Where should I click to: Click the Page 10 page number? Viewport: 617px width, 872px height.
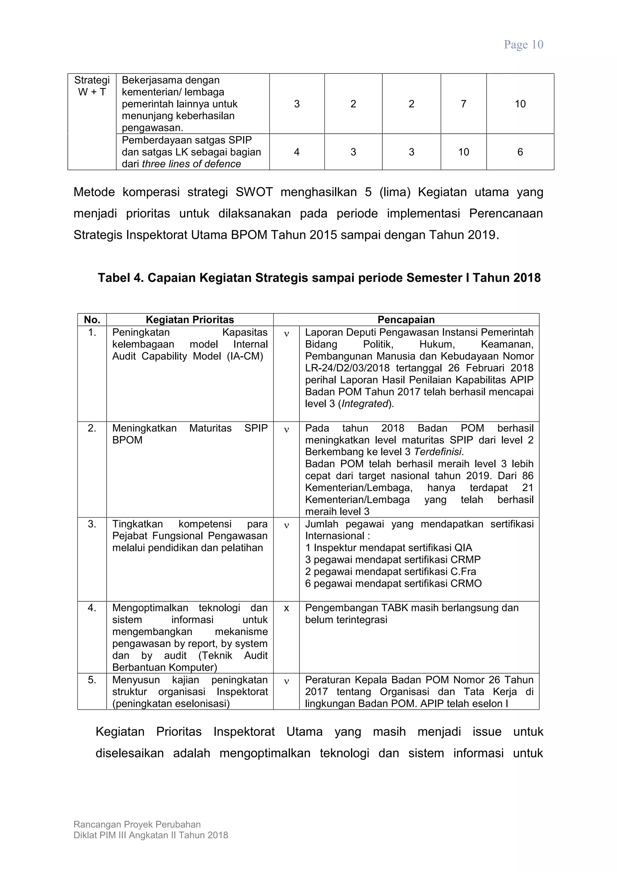pos(523,45)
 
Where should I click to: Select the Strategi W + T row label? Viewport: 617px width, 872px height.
pos(92,86)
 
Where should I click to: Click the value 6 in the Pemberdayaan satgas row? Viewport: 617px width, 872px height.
pos(520,152)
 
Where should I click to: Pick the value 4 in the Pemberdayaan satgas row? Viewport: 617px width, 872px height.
pos(297,152)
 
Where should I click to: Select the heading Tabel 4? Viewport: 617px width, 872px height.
pos(319,278)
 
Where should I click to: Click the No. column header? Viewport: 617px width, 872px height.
pos(92,320)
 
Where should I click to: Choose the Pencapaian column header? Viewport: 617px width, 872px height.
pos(406,320)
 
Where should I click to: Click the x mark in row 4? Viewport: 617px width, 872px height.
pos(287,608)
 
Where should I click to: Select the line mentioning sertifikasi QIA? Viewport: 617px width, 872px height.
pos(388,548)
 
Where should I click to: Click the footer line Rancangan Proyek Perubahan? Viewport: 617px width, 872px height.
pos(137,824)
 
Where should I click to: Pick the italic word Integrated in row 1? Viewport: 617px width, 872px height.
pos(365,404)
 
